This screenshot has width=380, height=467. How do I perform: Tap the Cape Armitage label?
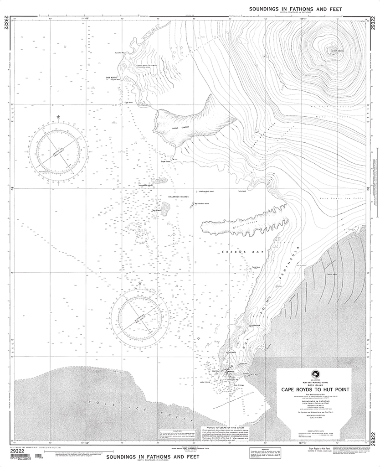pyautogui.click(x=239, y=385)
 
